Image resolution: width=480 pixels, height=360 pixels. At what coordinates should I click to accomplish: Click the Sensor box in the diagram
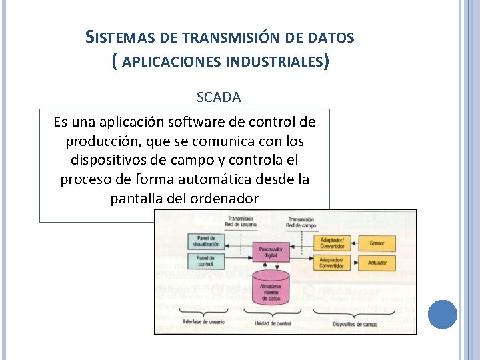click(x=377, y=243)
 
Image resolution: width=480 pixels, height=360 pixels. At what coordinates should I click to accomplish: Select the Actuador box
click(x=377, y=263)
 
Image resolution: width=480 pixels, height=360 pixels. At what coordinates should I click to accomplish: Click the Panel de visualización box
click(x=206, y=241)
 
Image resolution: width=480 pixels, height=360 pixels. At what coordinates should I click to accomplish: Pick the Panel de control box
click(x=206, y=261)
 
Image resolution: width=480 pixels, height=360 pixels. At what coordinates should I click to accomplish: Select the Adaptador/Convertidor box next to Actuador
click(x=332, y=263)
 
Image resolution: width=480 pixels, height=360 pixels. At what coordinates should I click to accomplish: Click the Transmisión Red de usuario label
click(x=241, y=222)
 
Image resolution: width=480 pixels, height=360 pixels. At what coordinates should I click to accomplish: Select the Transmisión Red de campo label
click(x=301, y=222)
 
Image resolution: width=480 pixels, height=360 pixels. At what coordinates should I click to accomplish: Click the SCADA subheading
click(x=219, y=97)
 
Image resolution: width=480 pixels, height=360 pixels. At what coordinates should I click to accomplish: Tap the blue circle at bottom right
click(x=442, y=314)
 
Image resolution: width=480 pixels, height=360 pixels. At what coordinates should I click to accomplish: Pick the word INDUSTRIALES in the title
click(x=275, y=63)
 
